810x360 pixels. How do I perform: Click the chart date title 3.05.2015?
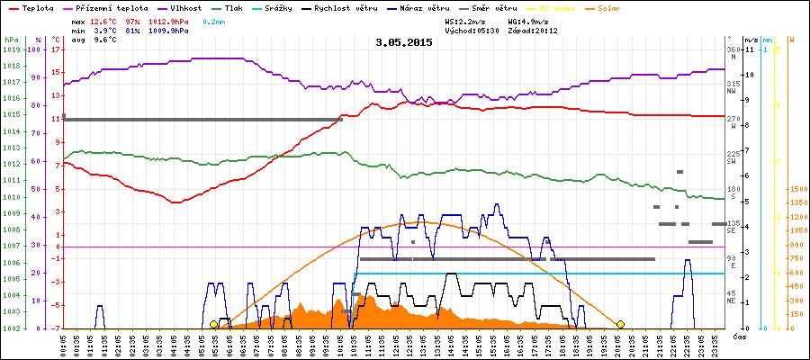(404, 41)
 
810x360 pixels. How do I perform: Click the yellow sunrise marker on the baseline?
(213, 324)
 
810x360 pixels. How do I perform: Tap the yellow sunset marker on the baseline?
(620, 324)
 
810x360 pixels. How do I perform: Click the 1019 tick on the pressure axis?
(11, 49)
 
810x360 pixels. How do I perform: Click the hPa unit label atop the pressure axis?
(10, 40)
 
